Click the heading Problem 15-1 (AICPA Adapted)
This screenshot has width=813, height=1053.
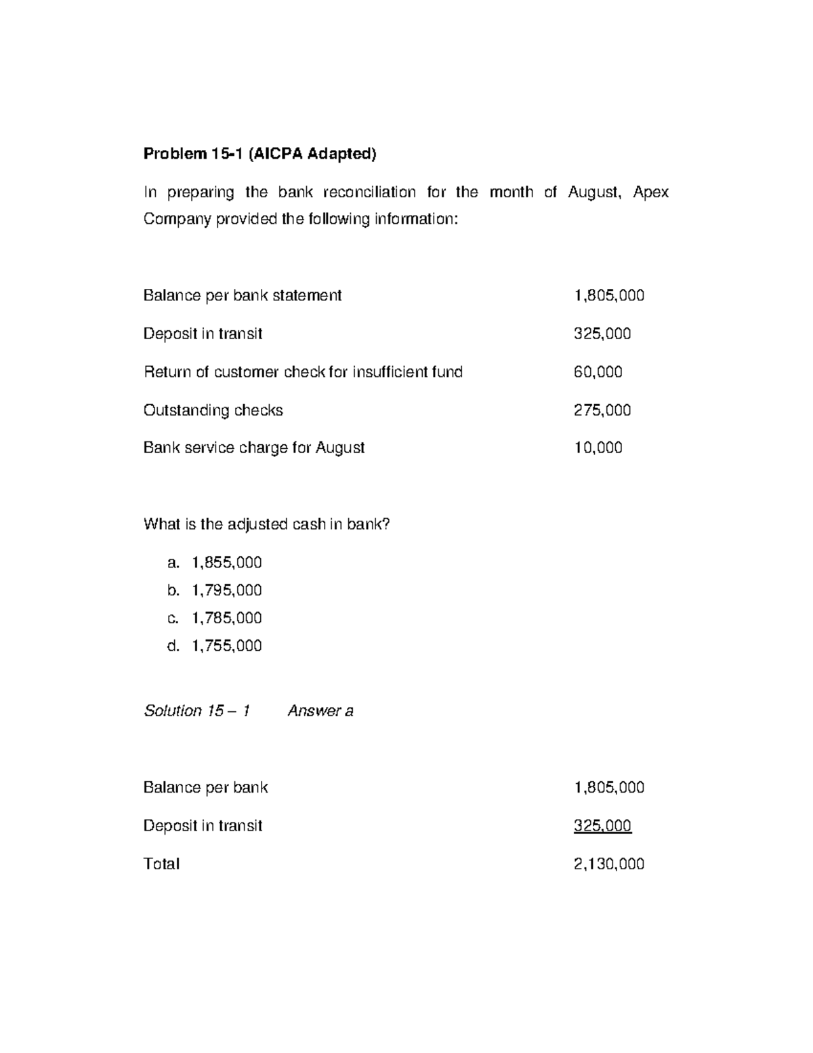[259, 154]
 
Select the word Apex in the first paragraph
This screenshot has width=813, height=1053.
[650, 192]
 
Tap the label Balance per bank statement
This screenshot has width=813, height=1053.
[243, 295]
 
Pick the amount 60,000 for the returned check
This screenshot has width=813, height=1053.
[598, 372]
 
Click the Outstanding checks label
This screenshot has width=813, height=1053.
[213, 410]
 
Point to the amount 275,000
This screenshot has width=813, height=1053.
[602, 410]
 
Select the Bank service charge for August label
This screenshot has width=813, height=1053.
[254, 448]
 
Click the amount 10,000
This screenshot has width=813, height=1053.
[598, 448]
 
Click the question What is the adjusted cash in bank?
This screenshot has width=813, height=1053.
[267, 524]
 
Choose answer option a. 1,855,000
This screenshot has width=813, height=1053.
[214, 563]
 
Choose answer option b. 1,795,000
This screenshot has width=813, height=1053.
[214, 591]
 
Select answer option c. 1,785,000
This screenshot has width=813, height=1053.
[214, 618]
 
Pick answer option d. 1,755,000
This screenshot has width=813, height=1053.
[214, 645]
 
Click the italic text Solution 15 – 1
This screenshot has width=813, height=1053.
[196, 711]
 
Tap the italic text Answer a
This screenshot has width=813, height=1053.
[320, 711]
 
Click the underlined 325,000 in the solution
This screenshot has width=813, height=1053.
[602, 825]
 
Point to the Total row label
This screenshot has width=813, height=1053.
[161, 864]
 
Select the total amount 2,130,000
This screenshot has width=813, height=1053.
[608, 864]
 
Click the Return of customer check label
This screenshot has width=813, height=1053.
[303, 372]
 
